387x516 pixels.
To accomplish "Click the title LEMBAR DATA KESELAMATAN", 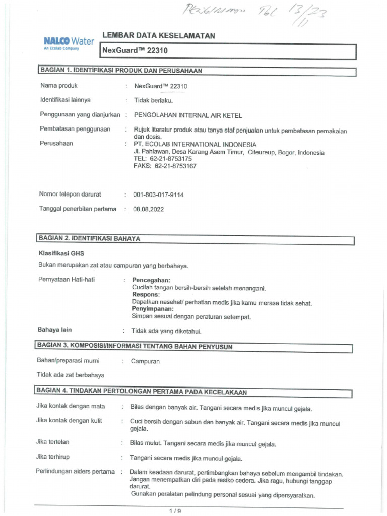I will pos(159,36).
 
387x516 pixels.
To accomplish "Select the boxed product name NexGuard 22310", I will pos(135,51).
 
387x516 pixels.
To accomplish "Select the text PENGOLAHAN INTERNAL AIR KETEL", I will pos(187,115).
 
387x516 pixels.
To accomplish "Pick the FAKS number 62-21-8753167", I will pos(165,166).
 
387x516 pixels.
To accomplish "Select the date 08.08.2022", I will pos(148,209).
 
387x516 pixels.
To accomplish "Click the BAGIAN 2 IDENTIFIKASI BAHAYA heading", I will pos(89,239).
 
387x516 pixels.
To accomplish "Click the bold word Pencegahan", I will pos(151,280).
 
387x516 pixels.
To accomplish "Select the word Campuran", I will pos(146,361).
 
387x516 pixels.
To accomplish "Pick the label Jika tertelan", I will pos(53,442).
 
